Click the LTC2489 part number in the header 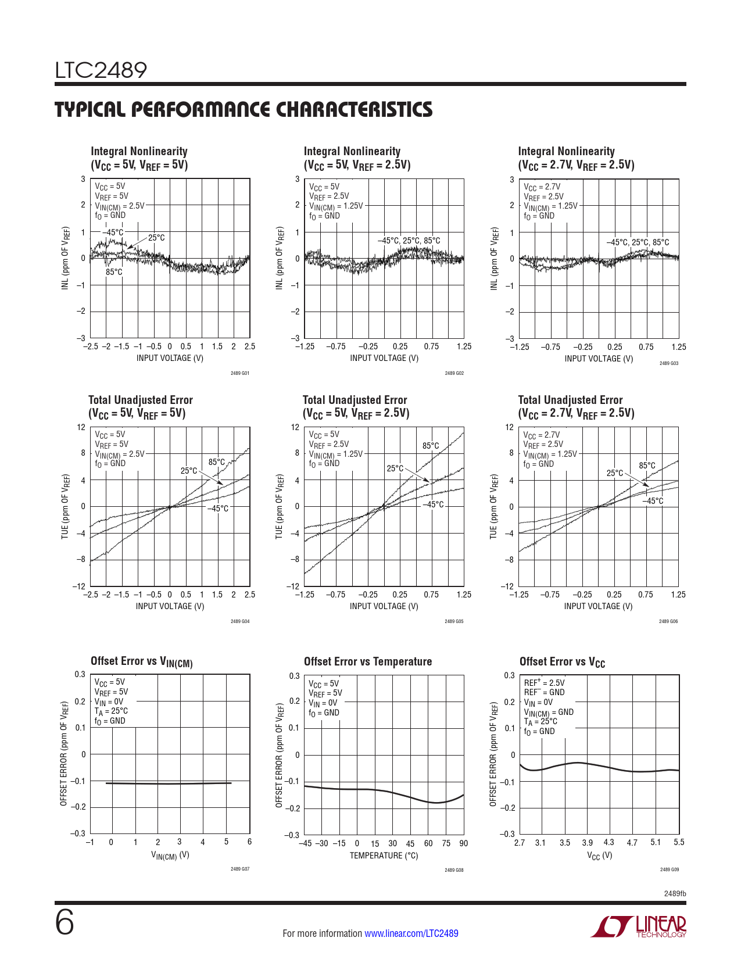[x=101, y=71]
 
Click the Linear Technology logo [x=638, y=926]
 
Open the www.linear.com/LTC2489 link [x=411, y=933]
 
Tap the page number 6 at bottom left [x=65, y=922]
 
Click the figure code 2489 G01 [x=239, y=373]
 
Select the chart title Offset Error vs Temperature [x=368, y=661]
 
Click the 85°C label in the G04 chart [x=217, y=463]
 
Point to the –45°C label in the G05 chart [x=433, y=504]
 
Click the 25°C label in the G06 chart [x=615, y=473]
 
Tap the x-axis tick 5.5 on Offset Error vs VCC [x=679, y=842]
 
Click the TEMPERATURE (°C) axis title [x=384, y=856]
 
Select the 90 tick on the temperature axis [x=463, y=843]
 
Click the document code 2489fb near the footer [x=675, y=893]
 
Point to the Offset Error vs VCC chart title [x=562, y=662]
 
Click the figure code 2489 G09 [x=669, y=869]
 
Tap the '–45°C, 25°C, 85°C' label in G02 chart [x=409, y=241]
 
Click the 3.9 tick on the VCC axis [x=588, y=842]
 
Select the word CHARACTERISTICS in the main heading [x=354, y=110]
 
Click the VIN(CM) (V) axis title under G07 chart [x=170, y=855]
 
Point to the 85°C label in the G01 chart [x=114, y=272]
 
